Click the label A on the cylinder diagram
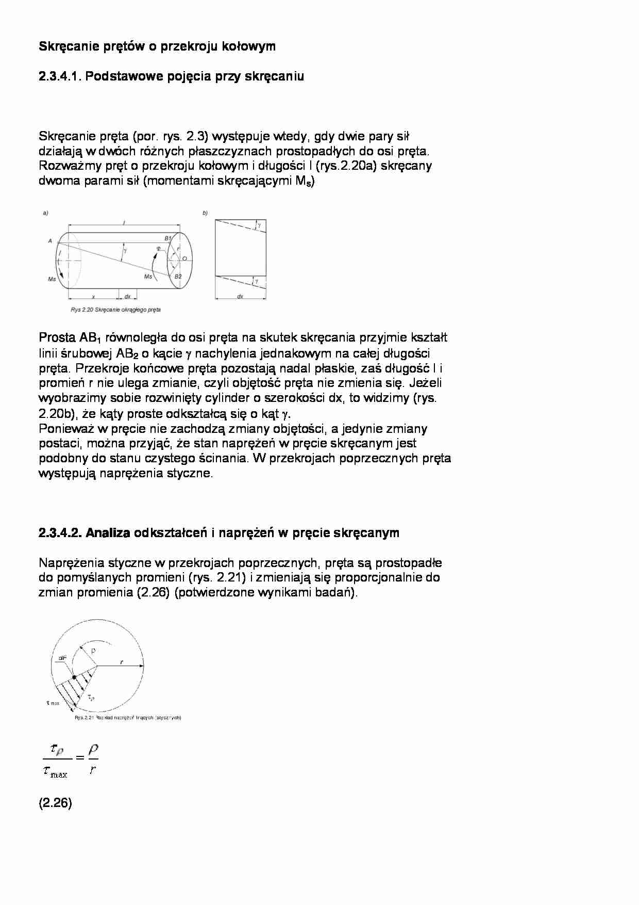50,241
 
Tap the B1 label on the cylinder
167,238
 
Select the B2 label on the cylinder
178,277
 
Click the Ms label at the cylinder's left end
52,279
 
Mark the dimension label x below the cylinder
93,297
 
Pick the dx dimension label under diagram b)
240,297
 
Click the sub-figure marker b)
205,213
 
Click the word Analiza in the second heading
108,533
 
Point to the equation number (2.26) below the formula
55,803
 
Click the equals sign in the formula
79,757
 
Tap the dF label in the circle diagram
62,658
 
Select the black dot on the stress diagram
75,677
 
